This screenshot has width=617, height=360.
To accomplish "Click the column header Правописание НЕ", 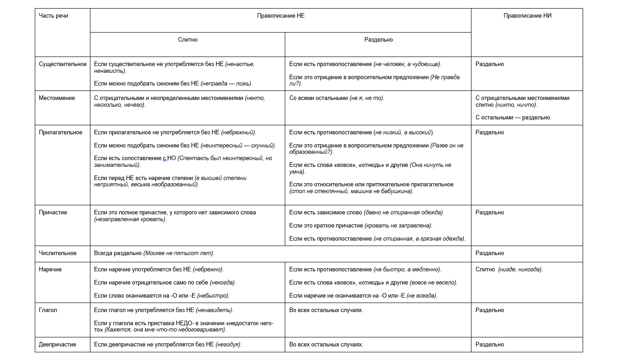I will (281, 15).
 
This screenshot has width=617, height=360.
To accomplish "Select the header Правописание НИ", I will (527, 15).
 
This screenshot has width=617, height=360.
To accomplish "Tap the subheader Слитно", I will (188, 40).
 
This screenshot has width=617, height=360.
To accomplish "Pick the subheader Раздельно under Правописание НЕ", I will (378, 40).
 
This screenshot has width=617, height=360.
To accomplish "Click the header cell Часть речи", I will (53, 15).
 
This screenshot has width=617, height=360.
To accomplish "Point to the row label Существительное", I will (62, 64).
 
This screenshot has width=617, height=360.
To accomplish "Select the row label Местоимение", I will (57, 98).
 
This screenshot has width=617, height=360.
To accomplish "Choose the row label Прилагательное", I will (61, 133).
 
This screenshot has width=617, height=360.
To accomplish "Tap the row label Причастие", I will (53, 213).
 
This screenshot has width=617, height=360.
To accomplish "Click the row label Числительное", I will (58, 253).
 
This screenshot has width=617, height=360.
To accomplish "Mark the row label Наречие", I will (50, 270).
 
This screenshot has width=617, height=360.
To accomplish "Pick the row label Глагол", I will (48, 310).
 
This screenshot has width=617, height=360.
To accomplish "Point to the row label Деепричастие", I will (57, 345).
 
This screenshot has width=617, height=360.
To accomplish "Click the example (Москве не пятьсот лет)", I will (179, 253).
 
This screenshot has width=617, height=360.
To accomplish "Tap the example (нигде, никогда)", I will (520, 270).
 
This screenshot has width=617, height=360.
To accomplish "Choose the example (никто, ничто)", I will (516, 105).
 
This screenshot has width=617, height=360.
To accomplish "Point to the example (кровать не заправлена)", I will (402, 226).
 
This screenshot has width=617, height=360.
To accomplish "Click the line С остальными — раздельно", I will (513, 118).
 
